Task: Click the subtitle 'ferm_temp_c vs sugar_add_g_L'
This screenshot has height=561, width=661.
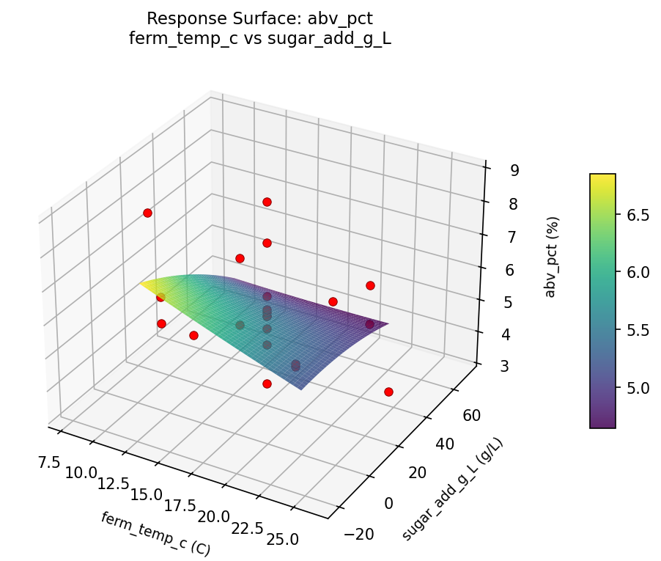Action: point(260,39)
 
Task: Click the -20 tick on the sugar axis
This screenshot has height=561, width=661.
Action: point(358,534)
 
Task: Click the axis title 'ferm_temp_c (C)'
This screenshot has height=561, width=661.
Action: point(155,533)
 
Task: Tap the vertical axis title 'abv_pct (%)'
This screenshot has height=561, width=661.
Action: point(551,257)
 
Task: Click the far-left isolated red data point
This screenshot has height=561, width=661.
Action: point(147,213)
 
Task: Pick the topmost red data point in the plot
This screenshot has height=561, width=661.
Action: point(267,202)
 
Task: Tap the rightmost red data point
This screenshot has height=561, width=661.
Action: point(388,392)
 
